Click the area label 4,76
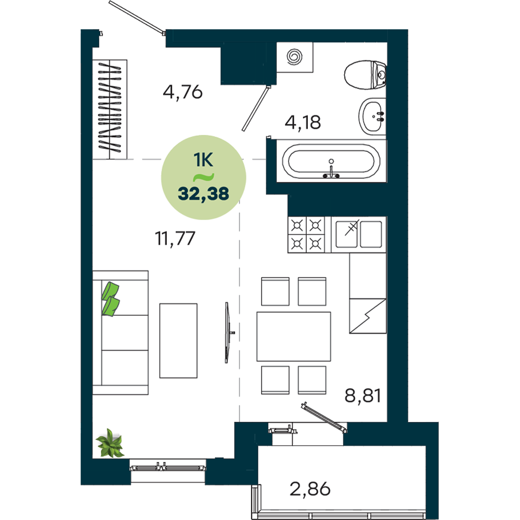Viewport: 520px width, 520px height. pos(183,92)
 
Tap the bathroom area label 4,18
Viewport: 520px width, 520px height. pos(303,122)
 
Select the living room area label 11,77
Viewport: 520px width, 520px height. pos(175,239)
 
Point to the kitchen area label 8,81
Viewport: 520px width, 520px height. pos(362,395)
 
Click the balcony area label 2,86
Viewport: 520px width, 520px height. pos(310,489)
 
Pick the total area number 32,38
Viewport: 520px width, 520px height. pos(203,193)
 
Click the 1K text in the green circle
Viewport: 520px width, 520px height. pos(203,160)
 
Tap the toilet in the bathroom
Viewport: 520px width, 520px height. pos(365,75)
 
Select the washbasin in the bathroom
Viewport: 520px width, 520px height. pos(372,116)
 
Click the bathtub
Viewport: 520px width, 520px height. pos(331,161)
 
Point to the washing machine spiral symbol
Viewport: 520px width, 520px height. pos(294,57)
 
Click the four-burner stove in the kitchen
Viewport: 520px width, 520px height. pos(306,235)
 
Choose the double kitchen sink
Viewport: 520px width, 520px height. pos(358,235)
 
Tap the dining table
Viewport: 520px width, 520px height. pos(293,336)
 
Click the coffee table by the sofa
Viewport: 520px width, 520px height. pos(178,341)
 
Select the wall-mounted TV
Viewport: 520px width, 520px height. pos(228,332)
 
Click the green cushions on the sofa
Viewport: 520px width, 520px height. pos(110,299)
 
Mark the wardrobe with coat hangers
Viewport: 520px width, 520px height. pos(110,109)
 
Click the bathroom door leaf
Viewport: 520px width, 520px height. pos(256,109)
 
